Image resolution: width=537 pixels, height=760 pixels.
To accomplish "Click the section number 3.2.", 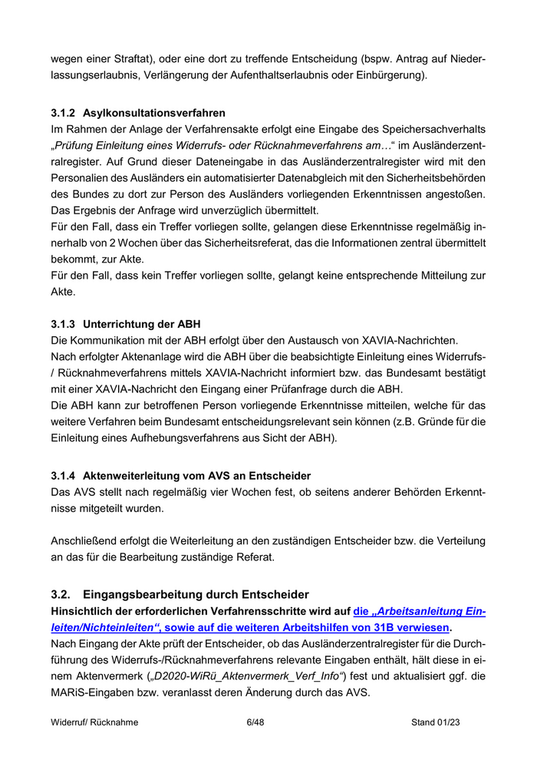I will coord(61,594).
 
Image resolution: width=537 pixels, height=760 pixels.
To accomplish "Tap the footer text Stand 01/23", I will coord(435,722).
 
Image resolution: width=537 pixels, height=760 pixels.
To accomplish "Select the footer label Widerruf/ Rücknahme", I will coord(94,722).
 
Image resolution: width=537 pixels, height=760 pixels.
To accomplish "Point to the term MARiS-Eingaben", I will coord(91,693).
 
